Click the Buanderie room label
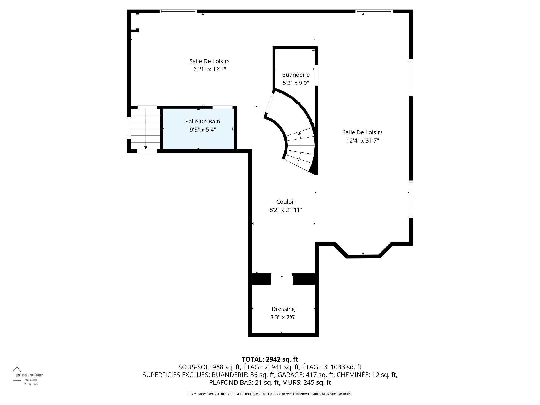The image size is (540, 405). coord(296,75)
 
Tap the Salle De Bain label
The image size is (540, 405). coord(202,121)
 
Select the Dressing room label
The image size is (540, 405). coord(283,309)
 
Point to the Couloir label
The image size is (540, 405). coord(286,202)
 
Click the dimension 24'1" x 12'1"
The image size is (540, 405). coord(210,69)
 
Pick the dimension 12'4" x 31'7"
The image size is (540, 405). coord(363,140)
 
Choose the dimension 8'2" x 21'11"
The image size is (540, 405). coord(286,210)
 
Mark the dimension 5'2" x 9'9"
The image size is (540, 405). coord(296,83)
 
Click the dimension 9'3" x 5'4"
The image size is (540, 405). coord(202,129)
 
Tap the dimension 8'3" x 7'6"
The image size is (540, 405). coord(283,317)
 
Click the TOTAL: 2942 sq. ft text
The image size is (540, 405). coord(270,359)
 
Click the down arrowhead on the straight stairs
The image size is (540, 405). coord(146,147)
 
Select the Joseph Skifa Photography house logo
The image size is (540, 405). coord(17,373)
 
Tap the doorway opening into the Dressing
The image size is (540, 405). coord(282,279)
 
